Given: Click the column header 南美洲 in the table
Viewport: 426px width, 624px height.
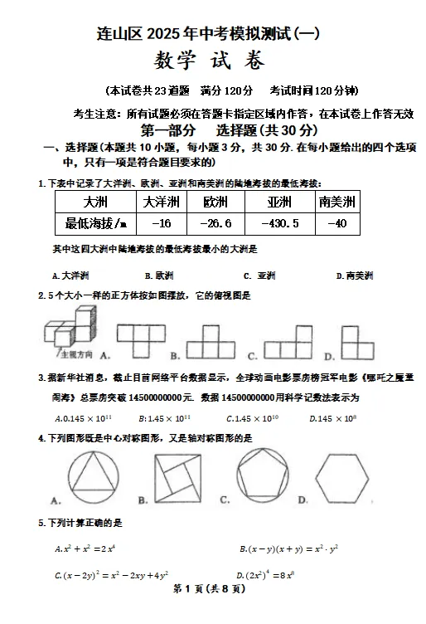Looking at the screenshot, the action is pyautogui.click(x=337, y=202).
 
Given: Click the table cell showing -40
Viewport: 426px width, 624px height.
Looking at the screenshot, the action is pyautogui.click(x=337, y=223).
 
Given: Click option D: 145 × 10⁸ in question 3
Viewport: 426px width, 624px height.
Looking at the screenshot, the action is pyautogui.click(x=332, y=419).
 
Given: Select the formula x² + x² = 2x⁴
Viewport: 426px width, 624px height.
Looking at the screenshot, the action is pyautogui.click(x=85, y=548).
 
